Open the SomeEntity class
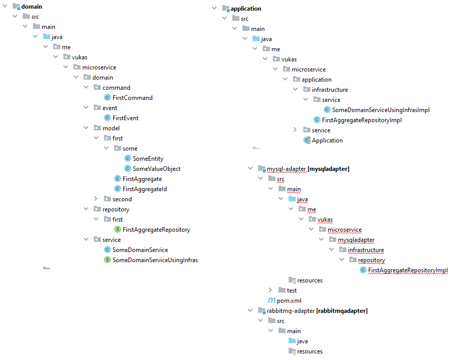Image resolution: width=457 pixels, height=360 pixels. pyautogui.click(x=148, y=159)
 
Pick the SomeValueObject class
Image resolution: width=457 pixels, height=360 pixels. pyautogui.click(x=156, y=169)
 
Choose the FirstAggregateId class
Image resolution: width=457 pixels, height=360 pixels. pyautogui.click(x=145, y=189)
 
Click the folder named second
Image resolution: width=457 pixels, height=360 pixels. pyautogui.click(x=122, y=199)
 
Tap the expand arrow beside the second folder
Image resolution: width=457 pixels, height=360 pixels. pyautogui.click(x=96, y=199)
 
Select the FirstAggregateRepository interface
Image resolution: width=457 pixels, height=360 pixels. pyautogui.click(x=156, y=230)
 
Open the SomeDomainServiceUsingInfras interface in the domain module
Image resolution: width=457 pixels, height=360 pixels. pyautogui.click(x=155, y=260)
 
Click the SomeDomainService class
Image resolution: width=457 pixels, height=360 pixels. pyautogui.click(x=140, y=250)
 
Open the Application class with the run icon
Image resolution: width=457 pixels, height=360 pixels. pyautogui.click(x=327, y=140)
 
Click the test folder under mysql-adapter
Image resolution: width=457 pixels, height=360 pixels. pyautogui.click(x=292, y=290)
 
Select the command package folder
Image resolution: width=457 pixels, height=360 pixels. pyautogui.click(x=116, y=88)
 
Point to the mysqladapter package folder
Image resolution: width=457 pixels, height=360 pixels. pyautogui.click(x=356, y=240)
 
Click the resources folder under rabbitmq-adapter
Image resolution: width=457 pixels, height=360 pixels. pyautogui.click(x=309, y=351)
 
